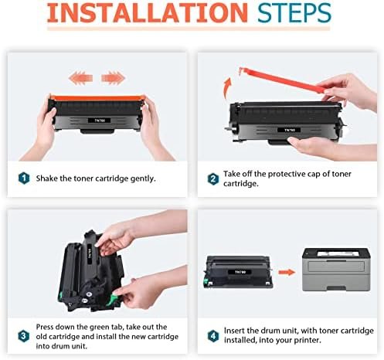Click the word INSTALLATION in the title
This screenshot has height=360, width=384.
147,12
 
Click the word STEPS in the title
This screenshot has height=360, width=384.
294,13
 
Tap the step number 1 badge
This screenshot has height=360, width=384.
24,178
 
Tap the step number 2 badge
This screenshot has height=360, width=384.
213,178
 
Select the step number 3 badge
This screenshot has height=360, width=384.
24,336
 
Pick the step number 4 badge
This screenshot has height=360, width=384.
213,336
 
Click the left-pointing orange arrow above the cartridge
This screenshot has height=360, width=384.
80,78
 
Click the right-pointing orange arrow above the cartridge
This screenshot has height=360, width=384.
113,78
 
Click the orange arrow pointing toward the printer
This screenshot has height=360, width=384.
287,272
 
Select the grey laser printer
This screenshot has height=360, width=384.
336,270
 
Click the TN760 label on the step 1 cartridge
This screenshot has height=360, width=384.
100,121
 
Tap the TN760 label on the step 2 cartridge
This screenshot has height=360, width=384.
290,130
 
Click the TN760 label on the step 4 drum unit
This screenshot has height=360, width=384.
240,272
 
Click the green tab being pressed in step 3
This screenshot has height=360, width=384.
114,299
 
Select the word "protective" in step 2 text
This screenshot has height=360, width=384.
287,175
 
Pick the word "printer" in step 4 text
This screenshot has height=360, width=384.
308,341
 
